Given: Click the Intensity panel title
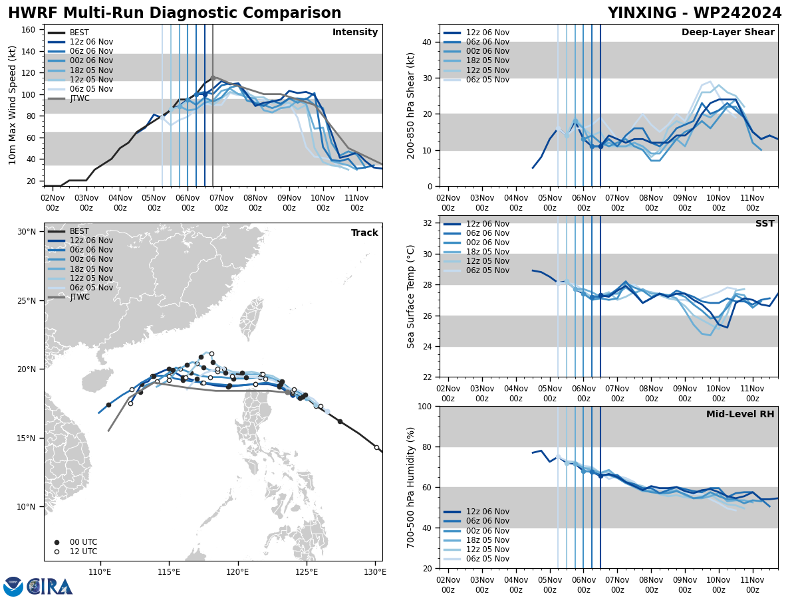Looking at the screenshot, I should [x=355, y=33].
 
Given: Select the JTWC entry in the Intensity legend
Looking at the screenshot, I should [x=79, y=98].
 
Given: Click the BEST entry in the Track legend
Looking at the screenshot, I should [x=79, y=231].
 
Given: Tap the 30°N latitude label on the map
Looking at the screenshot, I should [x=27, y=232].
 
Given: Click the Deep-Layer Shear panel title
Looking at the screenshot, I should [x=728, y=33].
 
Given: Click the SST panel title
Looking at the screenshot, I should [x=764, y=224].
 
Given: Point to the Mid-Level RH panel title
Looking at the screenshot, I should [x=740, y=415].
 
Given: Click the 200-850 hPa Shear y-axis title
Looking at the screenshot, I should [x=411, y=106].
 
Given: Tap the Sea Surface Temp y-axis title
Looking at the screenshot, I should [x=411, y=296].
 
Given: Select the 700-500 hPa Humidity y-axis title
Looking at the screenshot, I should [x=411, y=487].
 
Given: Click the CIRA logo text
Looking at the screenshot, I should [x=51, y=587].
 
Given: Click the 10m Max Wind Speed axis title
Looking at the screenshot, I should [x=12, y=105].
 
